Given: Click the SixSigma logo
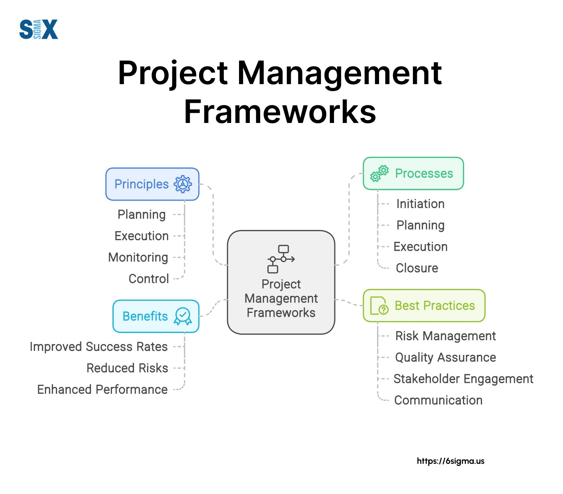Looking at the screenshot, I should [39, 29].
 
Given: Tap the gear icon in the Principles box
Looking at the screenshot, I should [183, 184].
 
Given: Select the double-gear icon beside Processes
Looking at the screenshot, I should [379, 173].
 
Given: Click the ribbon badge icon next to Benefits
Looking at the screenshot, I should [183, 316].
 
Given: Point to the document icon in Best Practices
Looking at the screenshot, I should [379, 306].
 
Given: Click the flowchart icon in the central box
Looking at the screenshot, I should [281, 259].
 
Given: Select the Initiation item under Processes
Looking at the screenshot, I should [420, 204].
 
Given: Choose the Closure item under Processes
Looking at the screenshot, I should [417, 268].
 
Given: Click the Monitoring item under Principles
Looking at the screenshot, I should [138, 257].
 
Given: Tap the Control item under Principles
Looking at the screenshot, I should [149, 279].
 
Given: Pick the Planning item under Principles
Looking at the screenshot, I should [141, 215].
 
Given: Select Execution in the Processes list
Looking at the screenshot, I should [420, 247].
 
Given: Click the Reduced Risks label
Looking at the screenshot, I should [127, 368].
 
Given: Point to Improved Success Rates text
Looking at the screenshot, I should [99, 347].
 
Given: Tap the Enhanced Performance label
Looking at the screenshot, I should [103, 390].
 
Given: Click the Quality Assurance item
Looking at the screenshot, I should [445, 357].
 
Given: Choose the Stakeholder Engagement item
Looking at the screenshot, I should [463, 379].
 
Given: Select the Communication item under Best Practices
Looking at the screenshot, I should [438, 401].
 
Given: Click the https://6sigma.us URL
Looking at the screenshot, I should [450, 461].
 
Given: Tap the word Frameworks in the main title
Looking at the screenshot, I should [280, 112].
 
